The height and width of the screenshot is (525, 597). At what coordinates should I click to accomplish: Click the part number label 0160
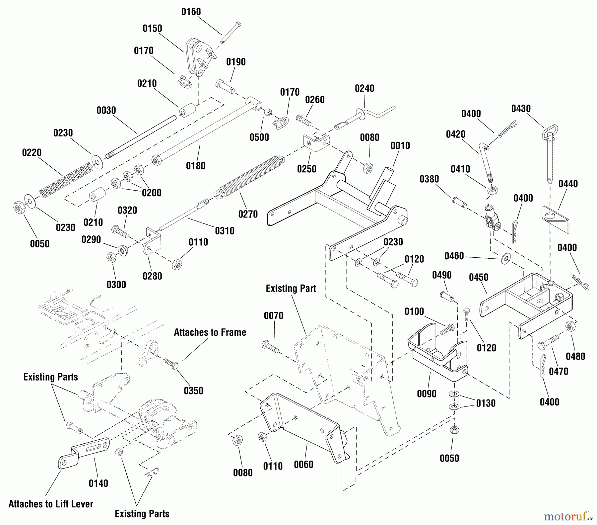(191, 12)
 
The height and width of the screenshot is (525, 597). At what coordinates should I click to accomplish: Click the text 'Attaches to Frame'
(210, 332)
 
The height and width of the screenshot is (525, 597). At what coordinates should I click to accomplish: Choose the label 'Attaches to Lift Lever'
(51, 504)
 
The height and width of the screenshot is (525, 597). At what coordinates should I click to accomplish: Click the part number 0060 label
(303, 465)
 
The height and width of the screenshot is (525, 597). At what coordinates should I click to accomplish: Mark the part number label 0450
(479, 277)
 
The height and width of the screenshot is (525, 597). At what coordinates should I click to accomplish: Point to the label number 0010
(400, 146)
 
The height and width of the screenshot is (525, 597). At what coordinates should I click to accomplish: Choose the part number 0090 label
(427, 394)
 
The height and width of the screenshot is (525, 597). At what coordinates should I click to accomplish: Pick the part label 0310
(225, 231)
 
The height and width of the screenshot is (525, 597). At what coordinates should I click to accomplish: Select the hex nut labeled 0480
(570, 327)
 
